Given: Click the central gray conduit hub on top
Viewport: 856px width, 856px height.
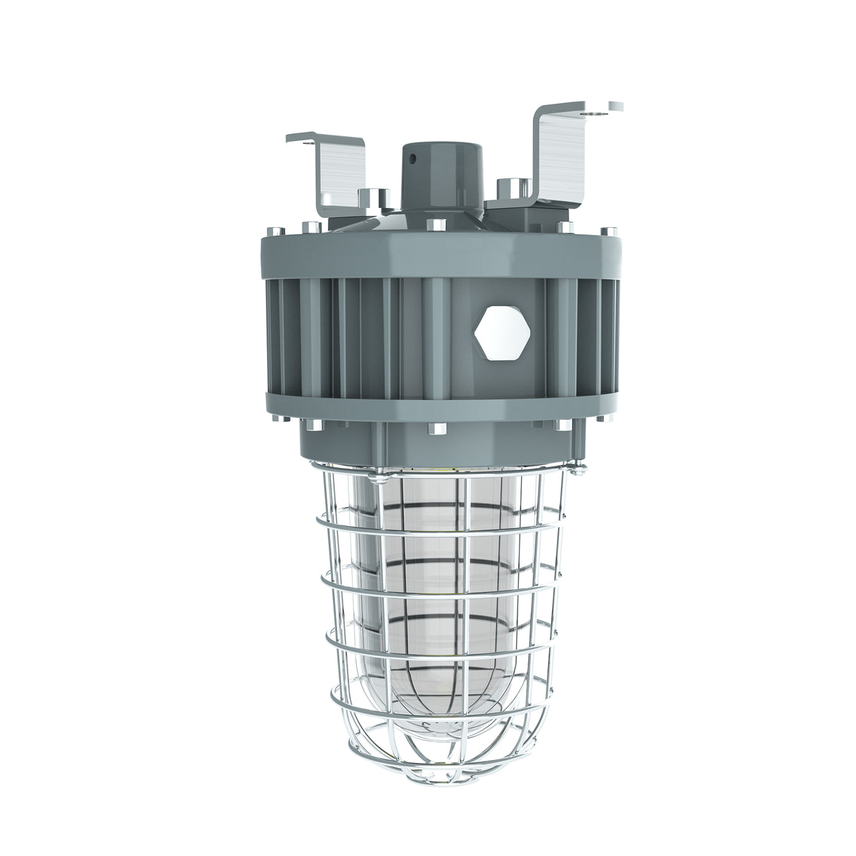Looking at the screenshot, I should pos(429,176).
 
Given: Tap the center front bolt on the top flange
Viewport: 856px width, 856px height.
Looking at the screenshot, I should pos(436,226).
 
